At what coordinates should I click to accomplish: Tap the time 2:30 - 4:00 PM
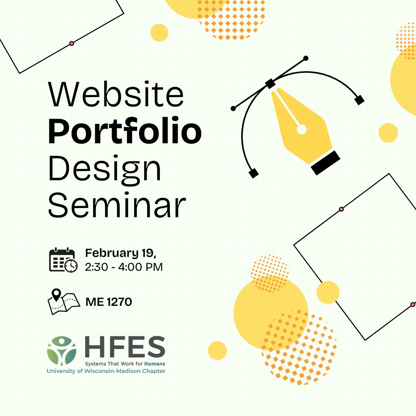pos(124,267)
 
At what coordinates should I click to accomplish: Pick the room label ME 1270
pos(109,302)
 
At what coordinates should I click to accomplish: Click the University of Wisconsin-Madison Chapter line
pos(106,371)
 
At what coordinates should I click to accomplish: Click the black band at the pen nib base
pos(326,163)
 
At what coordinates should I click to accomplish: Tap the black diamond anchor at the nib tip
pos(270,84)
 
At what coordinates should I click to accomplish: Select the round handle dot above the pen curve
pos(306,58)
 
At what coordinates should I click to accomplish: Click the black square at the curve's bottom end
pos(253,173)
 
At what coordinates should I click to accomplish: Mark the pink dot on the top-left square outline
pos(71,44)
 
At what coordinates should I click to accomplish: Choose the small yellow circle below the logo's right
pos(217,351)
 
